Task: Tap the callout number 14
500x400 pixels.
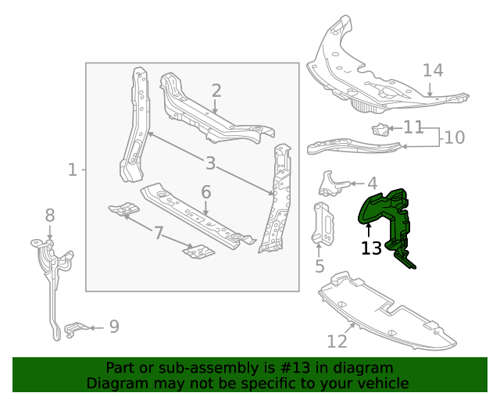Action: [x=433, y=70]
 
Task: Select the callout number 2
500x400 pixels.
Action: [x=216, y=91]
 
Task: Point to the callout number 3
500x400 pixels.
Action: [x=210, y=163]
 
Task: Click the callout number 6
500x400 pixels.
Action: [x=206, y=192]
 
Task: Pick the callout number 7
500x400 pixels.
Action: [x=159, y=233]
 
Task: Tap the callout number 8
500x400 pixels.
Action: [x=50, y=216]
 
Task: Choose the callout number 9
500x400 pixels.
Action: [x=114, y=327]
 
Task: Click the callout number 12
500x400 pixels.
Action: [x=337, y=341]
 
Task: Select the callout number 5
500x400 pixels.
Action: [x=320, y=266]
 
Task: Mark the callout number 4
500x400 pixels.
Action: [x=373, y=184]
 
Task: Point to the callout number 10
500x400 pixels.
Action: [x=455, y=137]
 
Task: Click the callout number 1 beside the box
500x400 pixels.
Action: [x=73, y=170]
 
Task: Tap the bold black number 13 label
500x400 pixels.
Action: [x=371, y=248]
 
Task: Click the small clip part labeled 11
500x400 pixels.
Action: [x=380, y=129]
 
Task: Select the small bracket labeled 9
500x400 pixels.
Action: [x=75, y=329]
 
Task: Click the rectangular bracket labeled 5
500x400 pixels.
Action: [x=323, y=223]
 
